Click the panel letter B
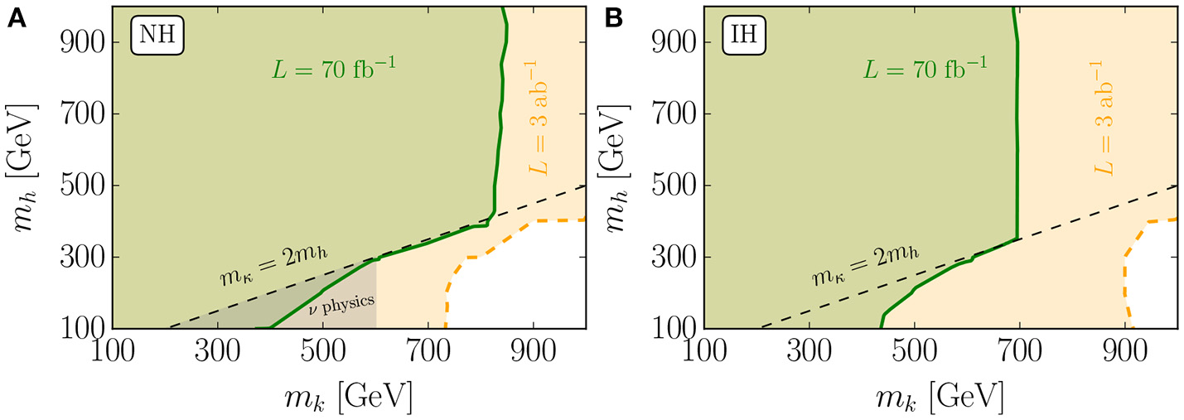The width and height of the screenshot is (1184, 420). click(x=613, y=19)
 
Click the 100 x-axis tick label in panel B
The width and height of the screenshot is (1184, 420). click(x=703, y=351)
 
